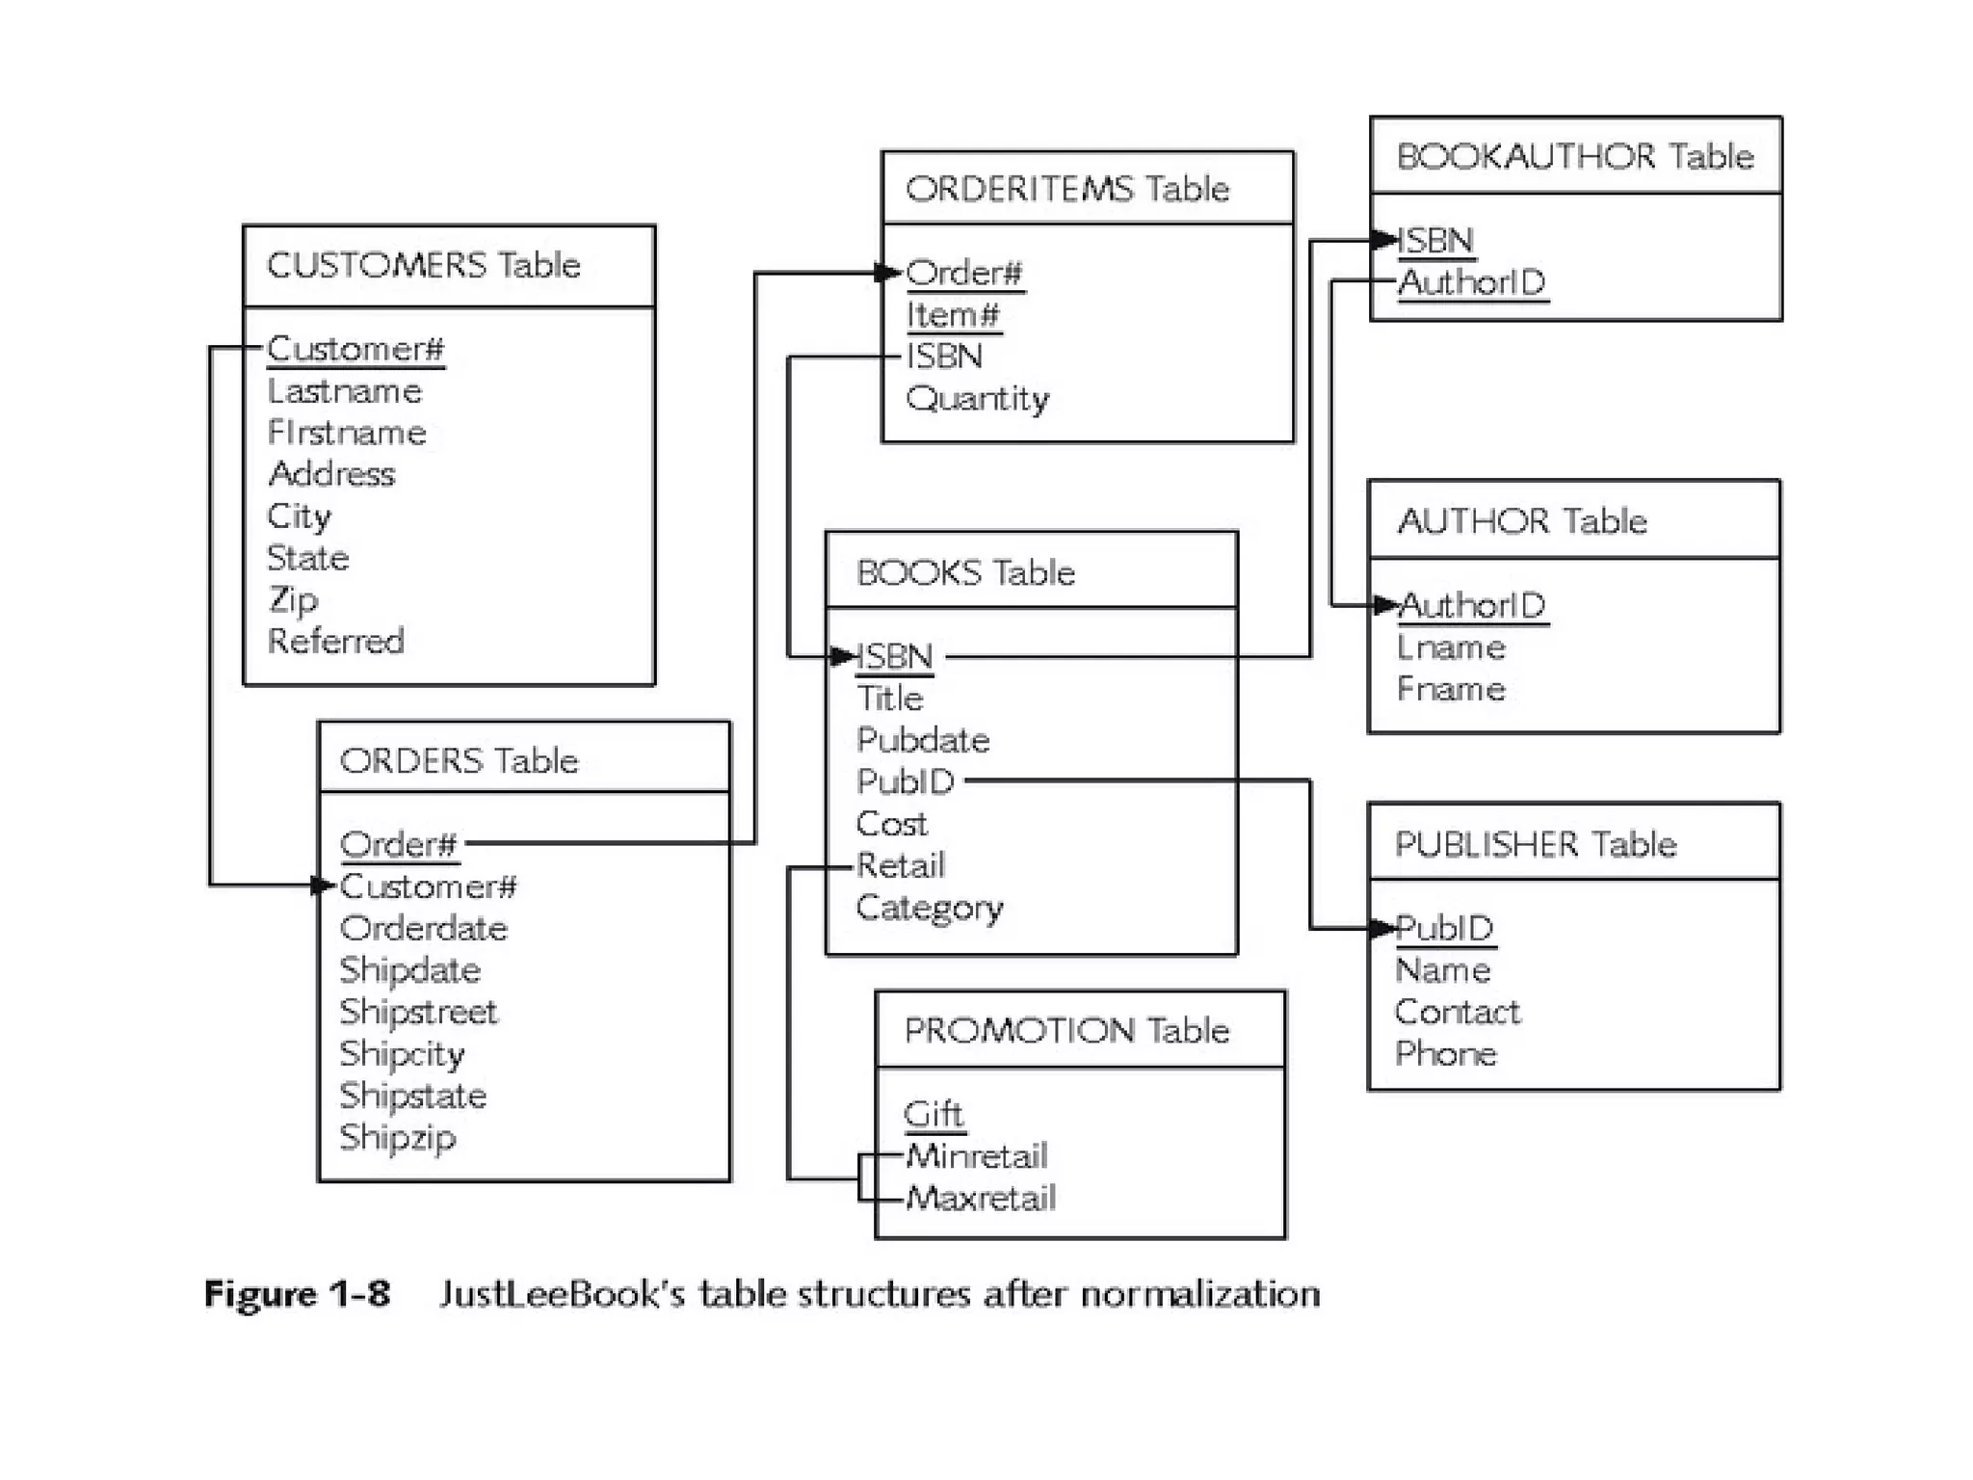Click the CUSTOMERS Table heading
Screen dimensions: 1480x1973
click(423, 265)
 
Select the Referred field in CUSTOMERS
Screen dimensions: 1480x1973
click(335, 641)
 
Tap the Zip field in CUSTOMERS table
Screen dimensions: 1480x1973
click(292, 599)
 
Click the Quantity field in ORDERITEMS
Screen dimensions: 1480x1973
click(977, 398)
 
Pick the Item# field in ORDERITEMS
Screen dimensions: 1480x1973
click(952, 315)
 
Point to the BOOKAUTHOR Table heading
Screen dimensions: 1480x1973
click(1574, 156)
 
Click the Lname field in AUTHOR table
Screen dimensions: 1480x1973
click(1450, 647)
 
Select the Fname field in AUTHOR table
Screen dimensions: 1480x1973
click(1450, 689)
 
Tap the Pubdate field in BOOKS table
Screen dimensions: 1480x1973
click(922, 740)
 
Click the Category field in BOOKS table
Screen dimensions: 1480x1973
click(929, 908)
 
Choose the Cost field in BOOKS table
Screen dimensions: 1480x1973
click(891, 824)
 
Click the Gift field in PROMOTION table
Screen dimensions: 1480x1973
click(933, 1114)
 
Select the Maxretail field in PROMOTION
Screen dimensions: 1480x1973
click(980, 1198)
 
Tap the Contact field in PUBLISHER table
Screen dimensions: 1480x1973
click(1457, 1012)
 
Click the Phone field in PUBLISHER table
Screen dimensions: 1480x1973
click(1445, 1053)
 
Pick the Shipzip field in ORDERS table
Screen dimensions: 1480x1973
click(397, 1138)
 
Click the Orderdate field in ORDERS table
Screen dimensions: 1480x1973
click(423, 928)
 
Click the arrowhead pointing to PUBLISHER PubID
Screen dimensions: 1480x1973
click(1383, 929)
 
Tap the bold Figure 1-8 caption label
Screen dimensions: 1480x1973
click(297, 1293)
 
